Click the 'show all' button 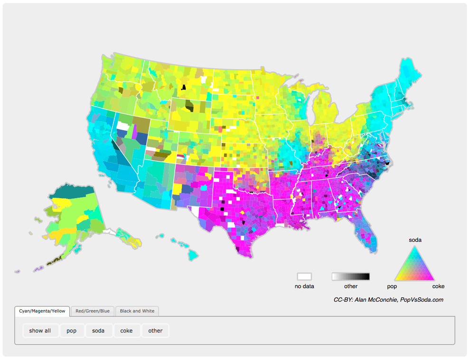point(40,331)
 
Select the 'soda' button point(98,331)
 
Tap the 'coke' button point(127,331)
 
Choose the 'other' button point(155,331)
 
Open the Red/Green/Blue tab point(93,311)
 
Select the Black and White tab point(137,311)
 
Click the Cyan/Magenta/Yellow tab point(42,311)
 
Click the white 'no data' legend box point(304,277)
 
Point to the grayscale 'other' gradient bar point(351,277)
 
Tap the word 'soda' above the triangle point(415,240)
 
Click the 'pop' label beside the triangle point(392,286)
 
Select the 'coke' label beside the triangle point(438,286)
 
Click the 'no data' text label point(304,286)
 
